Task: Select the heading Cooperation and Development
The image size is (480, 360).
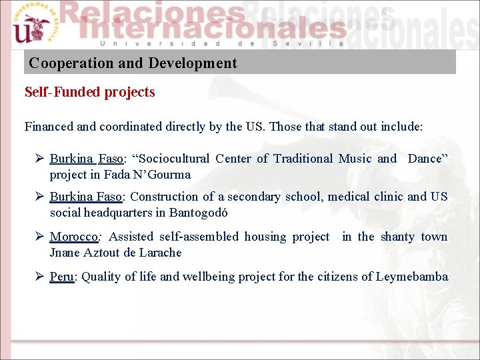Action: point(133,63)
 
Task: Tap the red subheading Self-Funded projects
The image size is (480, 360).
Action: point(89,93)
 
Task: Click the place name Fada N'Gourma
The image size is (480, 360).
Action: point(147,175)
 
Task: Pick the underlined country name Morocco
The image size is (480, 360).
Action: point(74,237)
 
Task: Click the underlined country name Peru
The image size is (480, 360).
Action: point(61,277)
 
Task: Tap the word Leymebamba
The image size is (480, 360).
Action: point(412,277)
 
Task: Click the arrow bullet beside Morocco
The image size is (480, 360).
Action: point(39,237)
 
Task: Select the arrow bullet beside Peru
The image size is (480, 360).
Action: point(39,277)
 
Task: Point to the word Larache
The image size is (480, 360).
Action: point(160,253)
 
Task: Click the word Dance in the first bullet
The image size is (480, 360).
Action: point(425,159)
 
